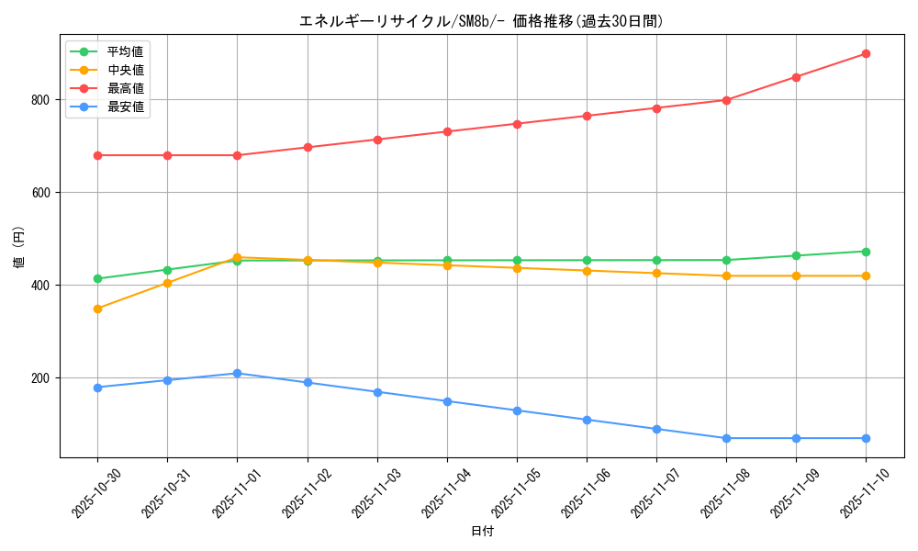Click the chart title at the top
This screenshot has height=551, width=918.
pos(481,21)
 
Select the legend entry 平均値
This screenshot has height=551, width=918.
pos(125,51)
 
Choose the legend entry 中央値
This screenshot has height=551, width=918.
pos(125,70)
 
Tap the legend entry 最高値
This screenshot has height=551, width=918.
pos(125,88)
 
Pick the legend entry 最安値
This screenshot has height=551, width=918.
pos(125,107)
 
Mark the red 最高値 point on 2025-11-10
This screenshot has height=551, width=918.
pos(866,54)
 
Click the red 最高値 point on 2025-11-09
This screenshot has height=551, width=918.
pos(796,77)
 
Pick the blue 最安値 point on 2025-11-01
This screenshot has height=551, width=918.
pos(237,374)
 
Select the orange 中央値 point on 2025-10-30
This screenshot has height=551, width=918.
pos(97,309)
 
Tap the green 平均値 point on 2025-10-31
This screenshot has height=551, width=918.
pos(167,270)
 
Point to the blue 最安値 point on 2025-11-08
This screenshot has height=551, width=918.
pos(726,438)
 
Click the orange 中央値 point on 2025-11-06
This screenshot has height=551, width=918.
pos(587,271)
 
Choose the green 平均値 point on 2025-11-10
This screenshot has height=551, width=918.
pos(866,252)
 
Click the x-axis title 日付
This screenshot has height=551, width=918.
pos(482,532)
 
